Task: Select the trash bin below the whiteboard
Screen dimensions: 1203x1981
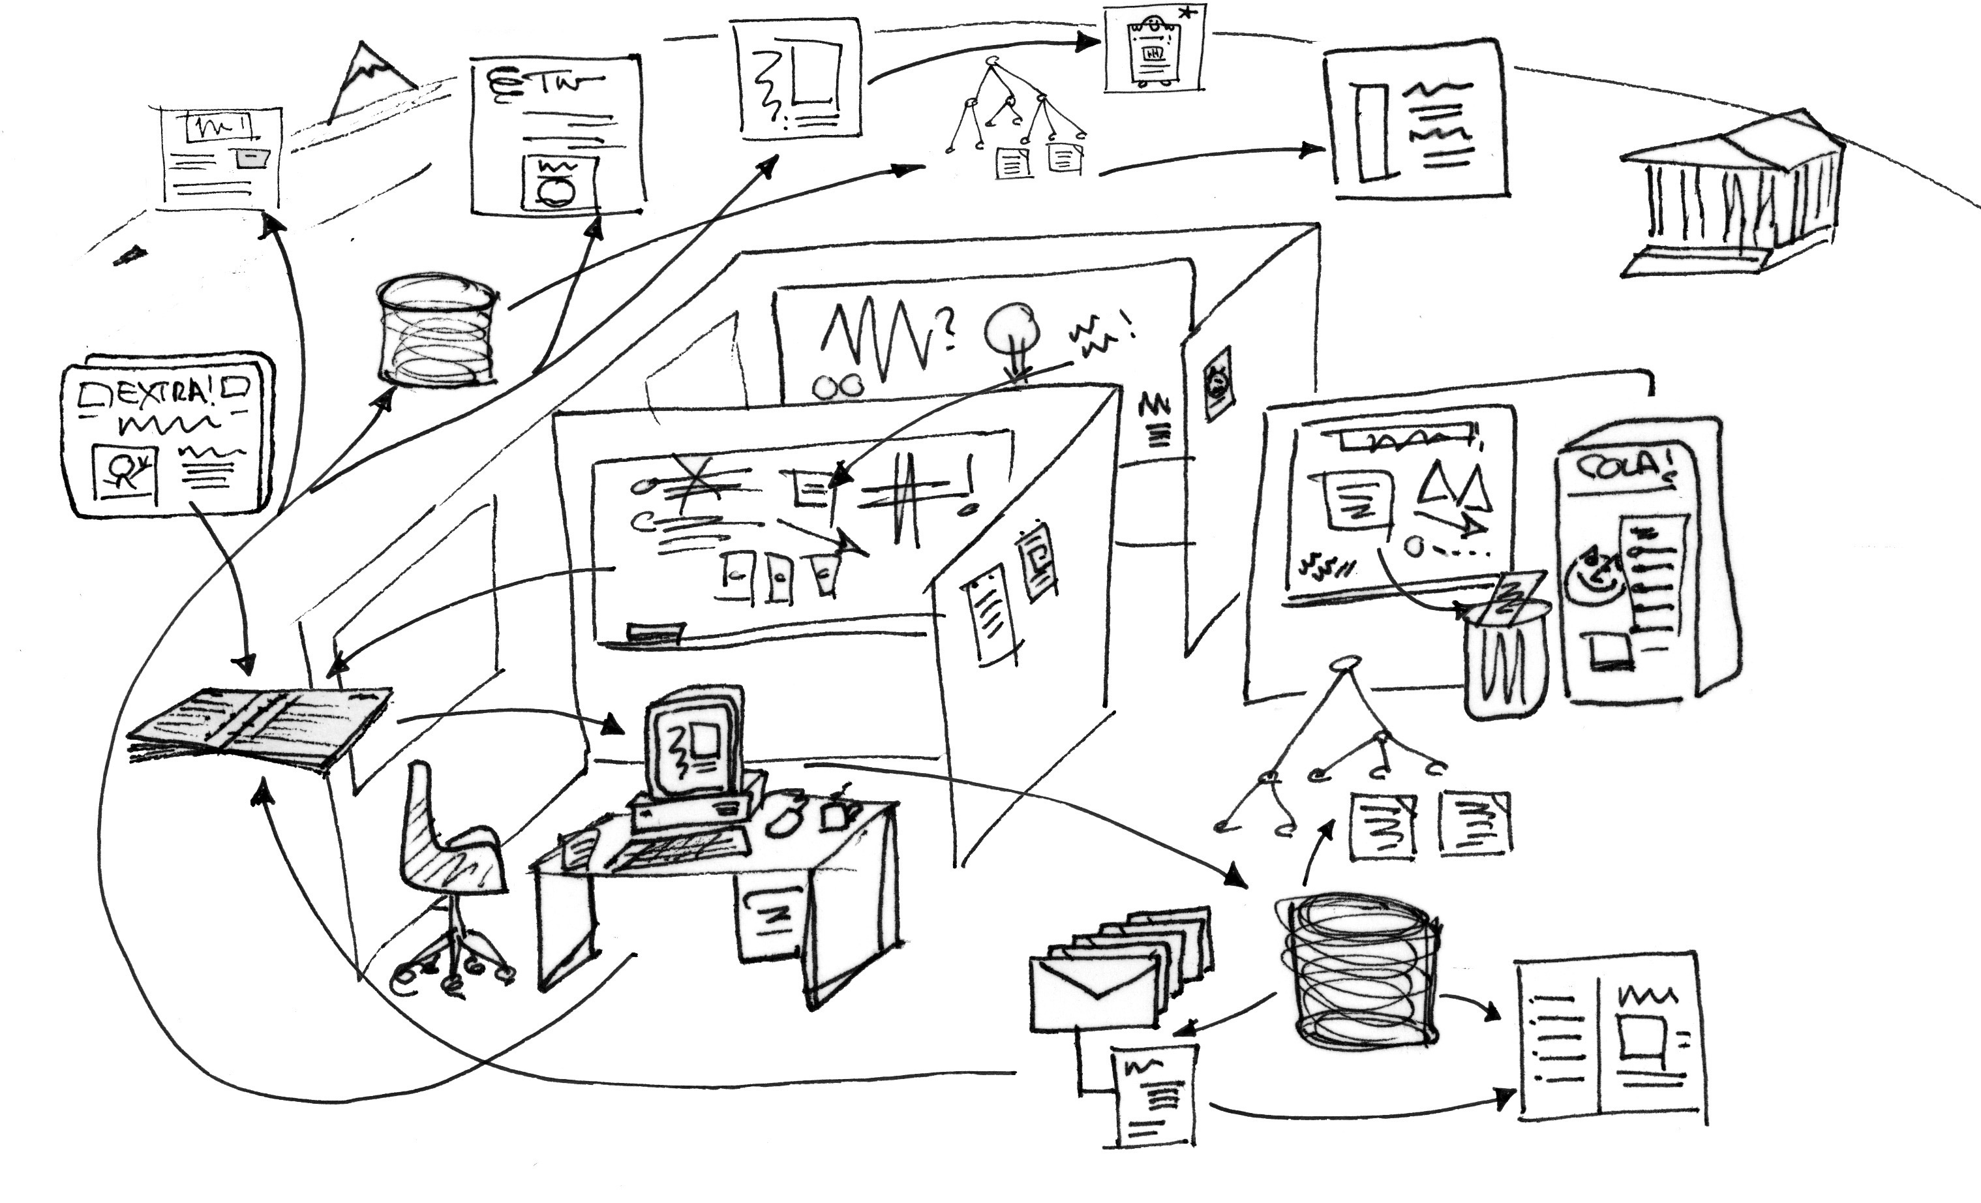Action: [1504, 660]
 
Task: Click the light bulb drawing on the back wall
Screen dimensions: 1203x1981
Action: [1013, 329]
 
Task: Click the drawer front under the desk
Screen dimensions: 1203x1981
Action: [768, 917]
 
